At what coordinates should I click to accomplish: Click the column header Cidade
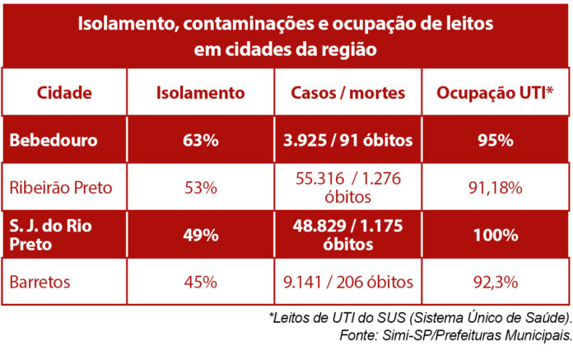(64, 92)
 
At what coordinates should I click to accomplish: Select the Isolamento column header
(200, 92)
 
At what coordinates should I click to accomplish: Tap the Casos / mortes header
(345, 92)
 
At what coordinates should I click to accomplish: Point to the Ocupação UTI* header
(496, 92)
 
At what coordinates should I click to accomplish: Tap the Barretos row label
(40, 282)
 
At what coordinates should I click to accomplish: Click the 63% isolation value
(200, 140)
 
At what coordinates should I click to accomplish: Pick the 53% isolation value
(200, 187)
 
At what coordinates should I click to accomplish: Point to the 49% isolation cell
(200, 235)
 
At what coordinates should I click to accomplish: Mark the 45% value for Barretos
(200, 282)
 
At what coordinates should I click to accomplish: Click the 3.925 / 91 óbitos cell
(347, 140)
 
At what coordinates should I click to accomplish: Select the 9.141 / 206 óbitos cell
(347, 282)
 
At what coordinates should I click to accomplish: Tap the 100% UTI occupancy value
(496, 235)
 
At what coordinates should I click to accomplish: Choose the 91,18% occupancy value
(496, 187)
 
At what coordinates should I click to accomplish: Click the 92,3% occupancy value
(496, 282)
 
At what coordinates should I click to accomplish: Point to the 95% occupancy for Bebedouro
(496, 140)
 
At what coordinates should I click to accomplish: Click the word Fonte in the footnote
(358, 335)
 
